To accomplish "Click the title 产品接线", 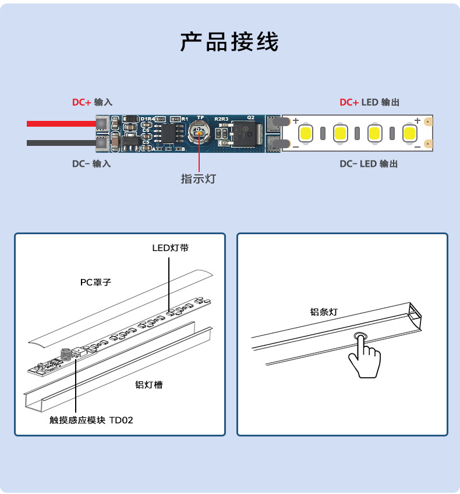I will [229, 42].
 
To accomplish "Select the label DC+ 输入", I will [91, 102].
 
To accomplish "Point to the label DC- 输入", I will [91, 164].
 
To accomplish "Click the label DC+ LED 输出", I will [369, 102].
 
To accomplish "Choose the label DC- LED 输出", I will [369, 164].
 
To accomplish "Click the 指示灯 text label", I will [198, 179].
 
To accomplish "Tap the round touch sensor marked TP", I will [200, 133].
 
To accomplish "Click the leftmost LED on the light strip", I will [307, 133].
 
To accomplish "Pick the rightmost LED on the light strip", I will [409, 133].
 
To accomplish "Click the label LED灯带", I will [170, 248].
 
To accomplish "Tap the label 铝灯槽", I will [148, 385].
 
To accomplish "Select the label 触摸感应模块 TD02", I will [91, 420].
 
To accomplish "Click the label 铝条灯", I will [323, 312].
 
